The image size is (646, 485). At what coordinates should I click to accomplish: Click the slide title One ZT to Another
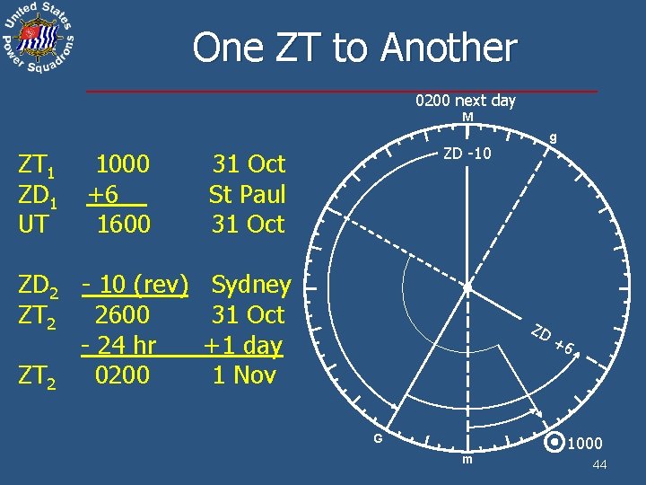354,48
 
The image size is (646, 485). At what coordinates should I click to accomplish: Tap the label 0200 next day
465,101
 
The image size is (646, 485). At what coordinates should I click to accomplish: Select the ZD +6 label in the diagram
552,342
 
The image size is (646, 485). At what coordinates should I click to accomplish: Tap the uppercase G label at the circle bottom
379,439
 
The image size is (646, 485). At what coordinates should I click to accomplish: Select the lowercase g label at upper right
554,137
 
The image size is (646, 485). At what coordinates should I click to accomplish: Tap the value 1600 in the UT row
123,224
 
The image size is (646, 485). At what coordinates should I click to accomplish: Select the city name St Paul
247,194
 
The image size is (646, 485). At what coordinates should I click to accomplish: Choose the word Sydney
250,285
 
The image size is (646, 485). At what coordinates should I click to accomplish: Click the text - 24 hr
118,345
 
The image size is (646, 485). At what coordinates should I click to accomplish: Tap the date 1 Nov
243,375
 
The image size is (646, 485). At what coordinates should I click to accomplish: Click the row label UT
33,224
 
